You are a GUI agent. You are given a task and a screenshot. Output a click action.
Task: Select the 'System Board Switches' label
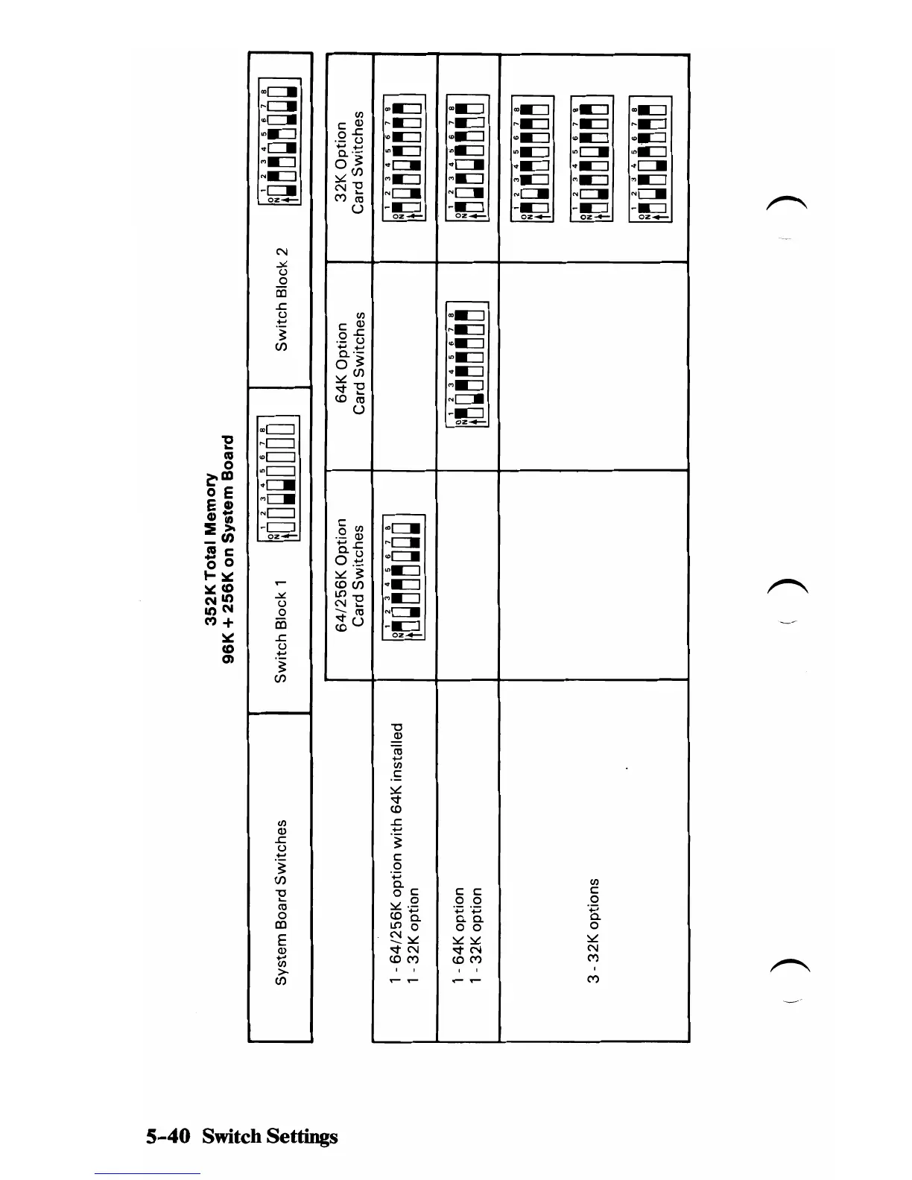coord(281,902)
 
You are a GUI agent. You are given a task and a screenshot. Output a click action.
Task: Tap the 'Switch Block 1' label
coord(281,630)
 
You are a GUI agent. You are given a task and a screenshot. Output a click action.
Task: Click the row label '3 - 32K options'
coord(593,930)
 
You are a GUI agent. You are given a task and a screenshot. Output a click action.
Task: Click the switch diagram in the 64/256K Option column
coord(403,577)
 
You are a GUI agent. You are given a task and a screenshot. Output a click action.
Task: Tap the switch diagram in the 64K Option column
coord(466,364)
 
